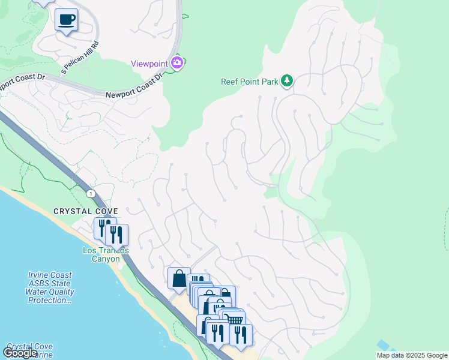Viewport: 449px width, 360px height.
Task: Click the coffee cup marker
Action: point(66,20)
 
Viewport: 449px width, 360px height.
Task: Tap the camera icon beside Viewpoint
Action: point(177,62)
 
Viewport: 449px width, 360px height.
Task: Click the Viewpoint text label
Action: point(150,64)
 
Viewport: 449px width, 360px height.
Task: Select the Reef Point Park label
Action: point(249,82)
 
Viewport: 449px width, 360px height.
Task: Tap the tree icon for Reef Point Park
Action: point(287,80)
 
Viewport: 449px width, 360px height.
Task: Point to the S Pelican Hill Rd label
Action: point(80,58)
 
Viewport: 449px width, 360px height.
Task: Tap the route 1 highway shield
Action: point(91,193)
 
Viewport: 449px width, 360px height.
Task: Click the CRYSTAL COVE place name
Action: point(85,211)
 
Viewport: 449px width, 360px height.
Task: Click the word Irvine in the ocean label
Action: point(40,275)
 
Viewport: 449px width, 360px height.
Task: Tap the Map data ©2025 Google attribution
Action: point(412,355)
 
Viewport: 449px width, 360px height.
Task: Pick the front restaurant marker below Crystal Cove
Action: point(117,235)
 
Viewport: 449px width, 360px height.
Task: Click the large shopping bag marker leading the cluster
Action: point(179,278)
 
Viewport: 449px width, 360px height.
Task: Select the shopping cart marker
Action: point(234,320)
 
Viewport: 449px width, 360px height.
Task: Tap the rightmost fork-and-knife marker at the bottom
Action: point(241,334)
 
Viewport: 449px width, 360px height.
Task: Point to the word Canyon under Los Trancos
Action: point(106,259)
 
